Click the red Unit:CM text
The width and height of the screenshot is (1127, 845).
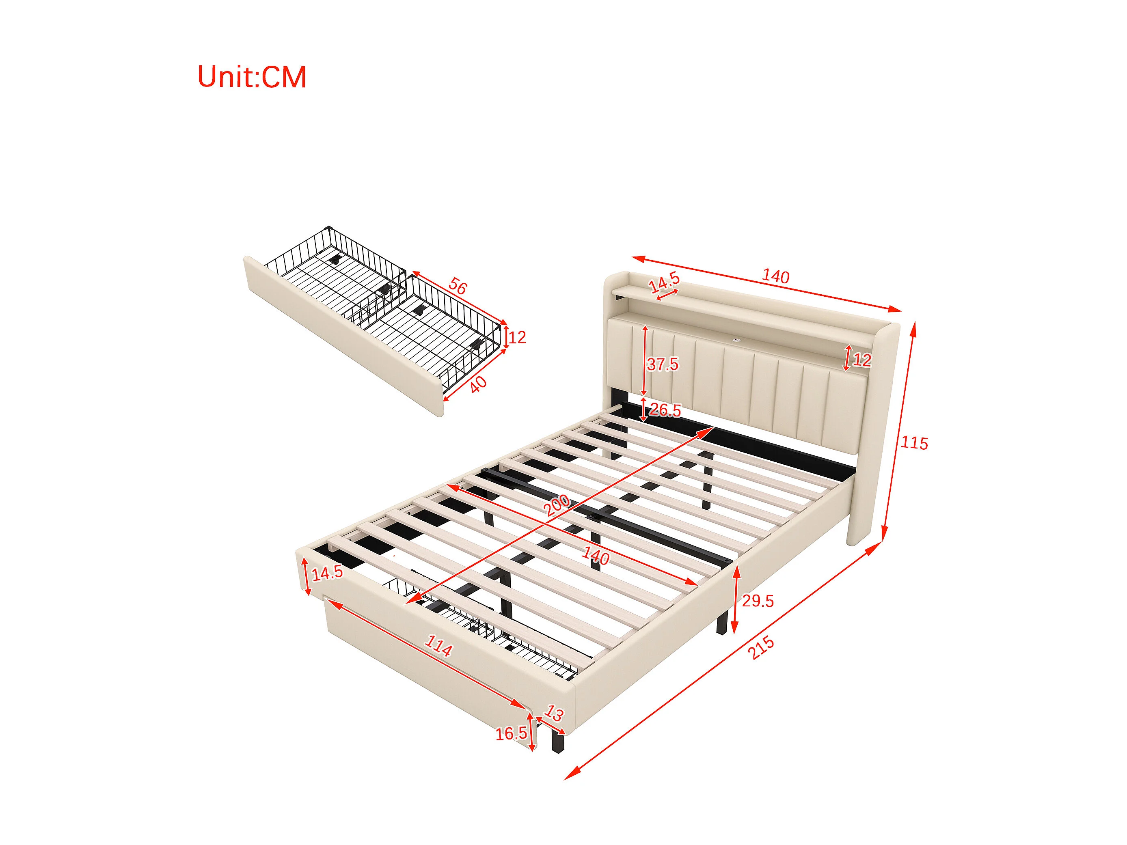[252, 78]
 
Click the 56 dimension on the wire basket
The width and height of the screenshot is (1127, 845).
[458, 287]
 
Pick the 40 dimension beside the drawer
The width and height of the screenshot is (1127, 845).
[477, 385]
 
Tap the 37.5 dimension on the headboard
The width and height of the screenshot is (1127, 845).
[662, 364]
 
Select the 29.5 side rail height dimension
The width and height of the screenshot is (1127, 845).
[758, 601]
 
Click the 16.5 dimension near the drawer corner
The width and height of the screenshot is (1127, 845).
[511, 733]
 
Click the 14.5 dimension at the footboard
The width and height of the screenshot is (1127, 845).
[327, 573]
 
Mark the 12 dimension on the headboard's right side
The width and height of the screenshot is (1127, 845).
[861, 360]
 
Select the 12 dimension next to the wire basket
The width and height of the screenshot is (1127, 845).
[517, 337]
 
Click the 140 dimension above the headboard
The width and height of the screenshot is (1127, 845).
[775, 276]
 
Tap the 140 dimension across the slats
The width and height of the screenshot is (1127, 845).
[595, 556]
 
